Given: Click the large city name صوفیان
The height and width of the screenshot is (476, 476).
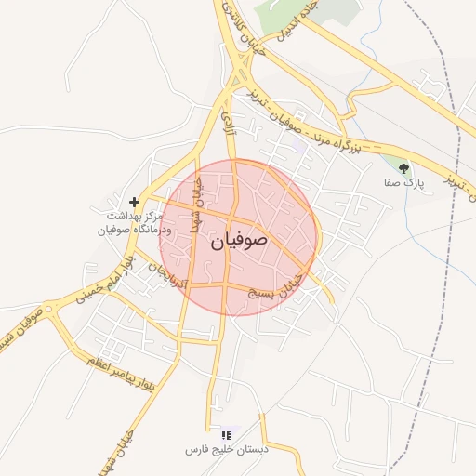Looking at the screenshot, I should pyautogui.click(x=239, y=241).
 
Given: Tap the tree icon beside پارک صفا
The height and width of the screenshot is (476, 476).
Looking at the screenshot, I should pyautogui.click(x=403, y=168).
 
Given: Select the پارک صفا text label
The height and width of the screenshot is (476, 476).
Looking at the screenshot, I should pyautogui.click(x=406, y=184).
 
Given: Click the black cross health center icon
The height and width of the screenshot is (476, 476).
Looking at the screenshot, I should pyautogui.click(x=135, y=201).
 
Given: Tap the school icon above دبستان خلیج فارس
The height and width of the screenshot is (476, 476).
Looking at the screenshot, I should pyautogui.click(x=225, y=435).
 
